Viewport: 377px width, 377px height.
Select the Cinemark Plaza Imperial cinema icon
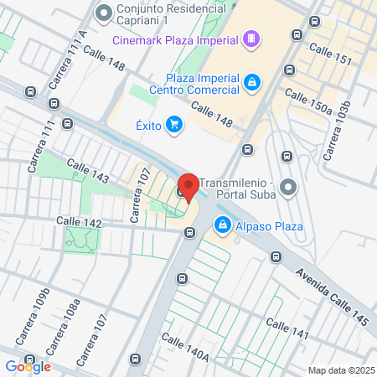click(250, 39)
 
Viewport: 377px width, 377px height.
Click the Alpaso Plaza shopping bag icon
click(223, 225)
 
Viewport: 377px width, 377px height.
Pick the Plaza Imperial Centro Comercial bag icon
click(250, 82)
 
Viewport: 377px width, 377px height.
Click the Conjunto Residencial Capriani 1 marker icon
click(105, 13)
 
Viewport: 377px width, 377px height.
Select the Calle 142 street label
click(79, 222)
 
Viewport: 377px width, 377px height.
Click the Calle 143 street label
click(87, 172)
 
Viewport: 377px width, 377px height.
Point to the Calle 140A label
click(184, 348)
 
